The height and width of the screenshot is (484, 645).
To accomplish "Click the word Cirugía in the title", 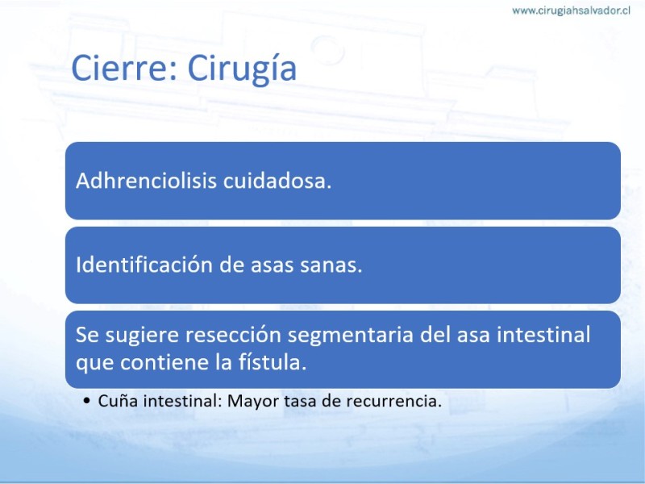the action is click(x=242, y=69).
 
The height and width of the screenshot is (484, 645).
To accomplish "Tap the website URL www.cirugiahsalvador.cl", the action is click(x=571, y=10).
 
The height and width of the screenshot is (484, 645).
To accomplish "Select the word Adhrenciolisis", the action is click(x=146, y=180).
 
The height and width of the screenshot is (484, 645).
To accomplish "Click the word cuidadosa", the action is click(x=277, y=180).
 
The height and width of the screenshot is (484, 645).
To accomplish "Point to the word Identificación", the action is click(x=144, y=265).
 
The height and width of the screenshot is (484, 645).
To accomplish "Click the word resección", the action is click(x=232, y=335).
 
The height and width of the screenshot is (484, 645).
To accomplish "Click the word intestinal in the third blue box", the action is click(x=543, y=334).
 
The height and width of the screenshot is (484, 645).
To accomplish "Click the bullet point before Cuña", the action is click(x=86, y=400).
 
